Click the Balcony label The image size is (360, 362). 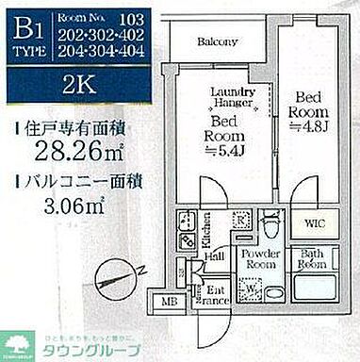point(217,41)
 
